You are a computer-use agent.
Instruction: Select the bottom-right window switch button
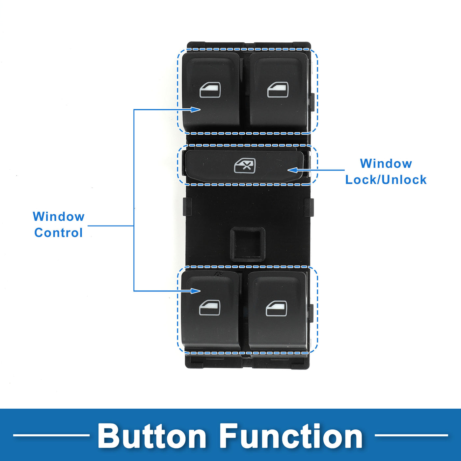(x=277, y=310)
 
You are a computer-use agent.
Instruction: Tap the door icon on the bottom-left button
(x=210, y=308)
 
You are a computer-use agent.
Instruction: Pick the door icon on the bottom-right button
(x=276, y=309)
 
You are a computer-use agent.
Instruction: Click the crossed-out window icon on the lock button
(x=245, y=166)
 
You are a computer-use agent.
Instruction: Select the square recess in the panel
(x=248, y=244)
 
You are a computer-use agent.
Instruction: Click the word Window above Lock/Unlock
(x=386, y=164)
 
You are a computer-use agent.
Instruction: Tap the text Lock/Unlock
(x=386, y=180)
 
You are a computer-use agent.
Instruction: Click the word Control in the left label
(x=58, y=233)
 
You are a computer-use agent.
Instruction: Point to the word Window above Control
(x=59, y=217)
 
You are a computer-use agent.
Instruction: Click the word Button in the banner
(x=152, y=436)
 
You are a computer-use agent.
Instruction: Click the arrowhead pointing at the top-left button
(x=196, y=109)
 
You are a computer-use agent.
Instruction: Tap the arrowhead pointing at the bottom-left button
(x=196, y=291)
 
